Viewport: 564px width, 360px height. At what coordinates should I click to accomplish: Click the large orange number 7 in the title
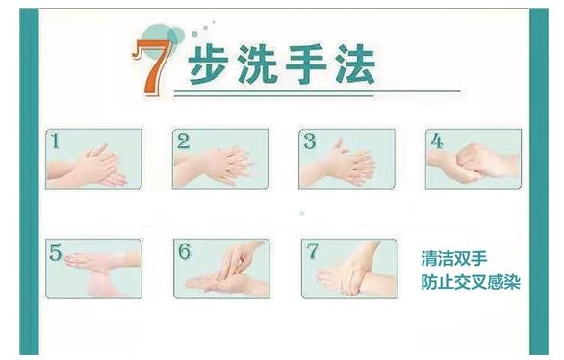(153, 66)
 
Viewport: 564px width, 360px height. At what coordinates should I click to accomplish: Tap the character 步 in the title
(209, 64)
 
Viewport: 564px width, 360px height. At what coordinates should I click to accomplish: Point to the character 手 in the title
(306, 64)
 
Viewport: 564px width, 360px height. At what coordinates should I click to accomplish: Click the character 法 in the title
(355, 64)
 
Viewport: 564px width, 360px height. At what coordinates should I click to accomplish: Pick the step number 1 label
(56, 141)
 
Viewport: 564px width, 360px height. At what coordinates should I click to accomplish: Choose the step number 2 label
(183, 141)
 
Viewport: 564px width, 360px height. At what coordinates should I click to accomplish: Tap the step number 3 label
(310, 141)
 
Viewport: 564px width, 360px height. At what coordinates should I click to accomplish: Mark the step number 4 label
(437, 141)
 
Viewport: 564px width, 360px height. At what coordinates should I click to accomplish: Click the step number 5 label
(56, 252)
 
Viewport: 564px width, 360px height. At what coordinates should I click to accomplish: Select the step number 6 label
(185, 251)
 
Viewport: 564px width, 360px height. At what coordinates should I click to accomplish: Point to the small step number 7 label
(312, 250)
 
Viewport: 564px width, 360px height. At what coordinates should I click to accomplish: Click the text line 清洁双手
(454, 258)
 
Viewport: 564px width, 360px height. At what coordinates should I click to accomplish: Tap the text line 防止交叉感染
(471, 282)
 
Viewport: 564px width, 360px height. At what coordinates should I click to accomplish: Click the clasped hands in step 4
(473, 163)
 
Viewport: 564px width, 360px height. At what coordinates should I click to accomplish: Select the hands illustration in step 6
(226, 268)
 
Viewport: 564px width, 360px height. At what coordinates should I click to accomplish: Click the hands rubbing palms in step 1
(89, 167)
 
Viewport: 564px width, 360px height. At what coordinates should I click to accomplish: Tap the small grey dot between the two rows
(302, 214)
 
